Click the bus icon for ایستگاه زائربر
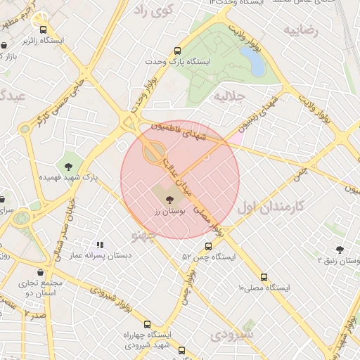[x=44, y=30]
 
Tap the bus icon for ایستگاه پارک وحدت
[x=176, y=51]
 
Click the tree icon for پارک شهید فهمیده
[x=68, y=167]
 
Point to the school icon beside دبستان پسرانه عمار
[x=100, y=245]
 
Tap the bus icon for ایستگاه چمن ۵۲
[x=208, y=246]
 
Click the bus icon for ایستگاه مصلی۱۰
[x=264, y=277]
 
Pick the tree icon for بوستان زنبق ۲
[x=340, y=249]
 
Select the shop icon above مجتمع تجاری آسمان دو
[x=39, y=272]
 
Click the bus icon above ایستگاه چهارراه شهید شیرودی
[x=147, y=324]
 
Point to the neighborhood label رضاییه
[x=301, y=31]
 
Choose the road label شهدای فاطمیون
[x=172, y=128]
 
